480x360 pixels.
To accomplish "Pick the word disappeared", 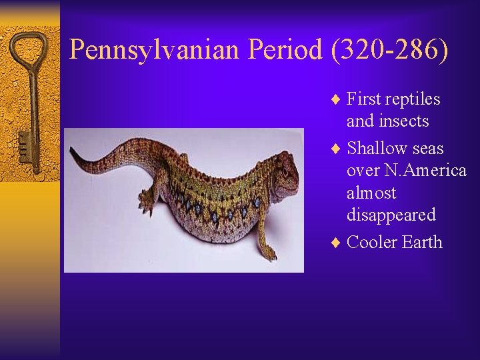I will [x=391, y=215].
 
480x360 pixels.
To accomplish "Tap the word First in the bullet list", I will [x=364, y=99].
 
